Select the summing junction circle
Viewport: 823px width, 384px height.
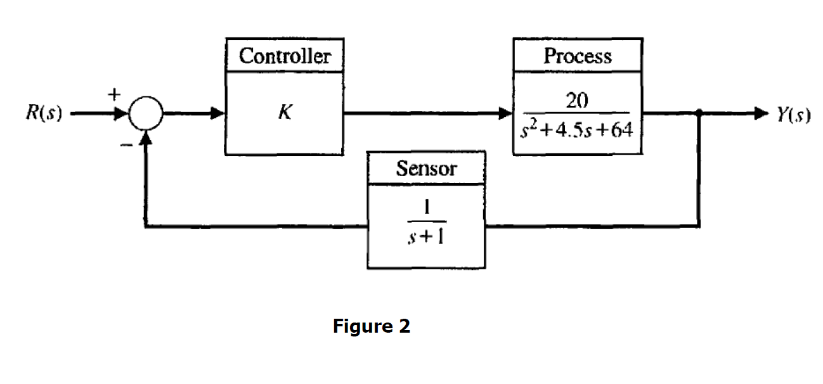tap(146, 115)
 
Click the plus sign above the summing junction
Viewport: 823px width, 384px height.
tap(113, 95)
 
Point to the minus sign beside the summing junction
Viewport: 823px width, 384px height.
tap(126, 145)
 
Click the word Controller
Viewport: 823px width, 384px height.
tap(285, 56)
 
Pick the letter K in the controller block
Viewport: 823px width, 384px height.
tap(285, 115)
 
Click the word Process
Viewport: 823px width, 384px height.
tap(577, 56)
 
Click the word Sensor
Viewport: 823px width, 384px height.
tap(425, 169)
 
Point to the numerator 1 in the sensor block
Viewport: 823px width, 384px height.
tap(426, 208)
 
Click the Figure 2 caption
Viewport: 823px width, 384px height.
tap(372, 326)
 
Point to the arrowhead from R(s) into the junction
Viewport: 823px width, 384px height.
tap(123, 115)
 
